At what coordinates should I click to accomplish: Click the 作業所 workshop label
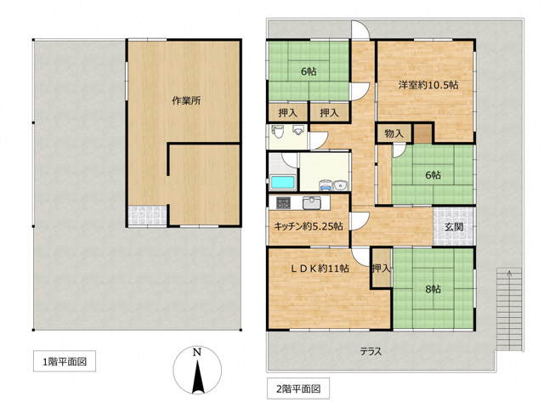click(187, 100)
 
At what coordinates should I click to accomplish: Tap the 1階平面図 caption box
click(65, 361)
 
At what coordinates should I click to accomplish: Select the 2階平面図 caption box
click(298, 388)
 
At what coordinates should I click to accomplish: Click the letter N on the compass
click(197, 353)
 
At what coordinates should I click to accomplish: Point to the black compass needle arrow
click(197, 377)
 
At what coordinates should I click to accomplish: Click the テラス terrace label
click(371, 351)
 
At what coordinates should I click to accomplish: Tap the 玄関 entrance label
click(454, 227)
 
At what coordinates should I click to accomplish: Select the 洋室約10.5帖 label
click(428, 85)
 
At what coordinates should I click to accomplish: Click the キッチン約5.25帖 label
click(309, 227)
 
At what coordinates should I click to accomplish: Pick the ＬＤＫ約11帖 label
click(320, 269)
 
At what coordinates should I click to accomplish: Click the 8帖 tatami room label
click(433, 289)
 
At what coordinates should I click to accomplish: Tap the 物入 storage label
click(394, 133)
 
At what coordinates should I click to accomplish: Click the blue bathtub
click(283, 183)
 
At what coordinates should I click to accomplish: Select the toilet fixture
click(278, 130)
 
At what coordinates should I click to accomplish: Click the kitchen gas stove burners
click(283, 203)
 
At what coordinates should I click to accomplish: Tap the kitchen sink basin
click(312, 203)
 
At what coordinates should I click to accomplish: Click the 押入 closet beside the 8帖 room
click(381, 268)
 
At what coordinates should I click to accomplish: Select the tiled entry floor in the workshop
click(147, 215)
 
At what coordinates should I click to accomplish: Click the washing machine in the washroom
click(325, 185)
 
